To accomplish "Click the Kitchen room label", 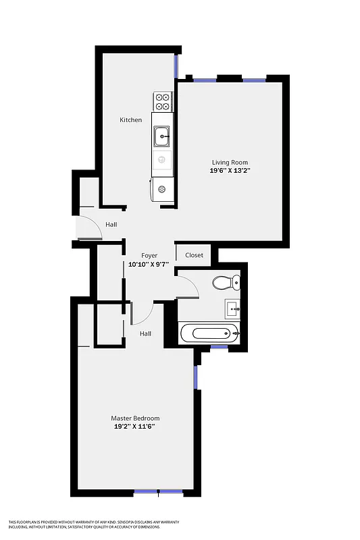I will click(x=131, y=120).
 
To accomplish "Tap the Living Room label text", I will click(x=230, y=163).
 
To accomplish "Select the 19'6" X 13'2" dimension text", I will click(x=230, y=171).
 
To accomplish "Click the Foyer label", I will click(x=149, y=256).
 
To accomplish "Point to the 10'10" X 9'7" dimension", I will click(x=149, y=265).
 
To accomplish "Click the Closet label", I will click(x=194, y=255).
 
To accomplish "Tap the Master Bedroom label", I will click(x=135, y=418).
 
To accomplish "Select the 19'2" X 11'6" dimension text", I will click(x=135, y=427).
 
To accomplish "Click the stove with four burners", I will click(x=163, y=101).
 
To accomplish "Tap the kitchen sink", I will click(x=162, y=137).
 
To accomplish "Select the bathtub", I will click(x=210, y=333).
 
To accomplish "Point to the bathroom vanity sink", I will click(x=232, y=309).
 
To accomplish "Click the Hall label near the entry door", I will click(x=111, y=225).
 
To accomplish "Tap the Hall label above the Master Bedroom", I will click(x=145, y=333).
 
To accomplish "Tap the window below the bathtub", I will click(x=219, y=347).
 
